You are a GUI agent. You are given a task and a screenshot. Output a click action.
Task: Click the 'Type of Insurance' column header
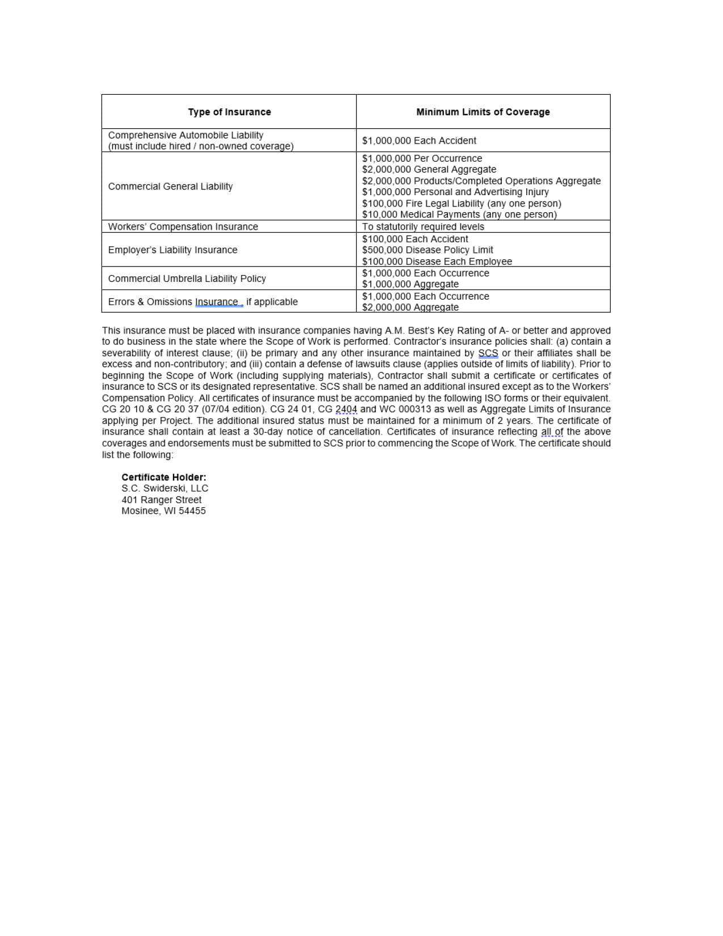click(x=229, y=112)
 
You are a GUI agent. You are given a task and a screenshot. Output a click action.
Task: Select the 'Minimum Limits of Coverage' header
click(x=483, y=112)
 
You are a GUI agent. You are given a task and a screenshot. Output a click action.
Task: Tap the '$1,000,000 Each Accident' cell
click(x=419, y=141)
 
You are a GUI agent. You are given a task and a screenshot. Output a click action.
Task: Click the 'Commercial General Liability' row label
click(x=170, y=186)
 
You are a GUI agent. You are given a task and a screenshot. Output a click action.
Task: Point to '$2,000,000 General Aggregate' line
click(x=429, y=169)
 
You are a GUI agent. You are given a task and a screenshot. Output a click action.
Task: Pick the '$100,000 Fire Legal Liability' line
click(x=462, y=203)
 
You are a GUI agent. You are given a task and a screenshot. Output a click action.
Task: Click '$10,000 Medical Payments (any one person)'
click(x=459, y=214)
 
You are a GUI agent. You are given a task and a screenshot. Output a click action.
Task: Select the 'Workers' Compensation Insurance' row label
click(x=183, y=226)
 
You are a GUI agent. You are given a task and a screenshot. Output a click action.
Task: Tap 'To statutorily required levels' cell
click(x=423, y=226)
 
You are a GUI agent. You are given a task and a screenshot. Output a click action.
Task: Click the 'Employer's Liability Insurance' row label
click(x=172, y=250)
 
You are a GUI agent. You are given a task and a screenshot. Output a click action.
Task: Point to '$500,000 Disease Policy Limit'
click(x=428, y=250)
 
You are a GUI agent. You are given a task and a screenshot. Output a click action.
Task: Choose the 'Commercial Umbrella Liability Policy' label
click(x=187, y=279)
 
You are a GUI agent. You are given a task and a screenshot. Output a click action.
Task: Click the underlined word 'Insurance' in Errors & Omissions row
click(x=217, y=302)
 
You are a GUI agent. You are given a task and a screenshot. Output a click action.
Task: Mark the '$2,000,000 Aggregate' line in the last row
click(x=410, y=307)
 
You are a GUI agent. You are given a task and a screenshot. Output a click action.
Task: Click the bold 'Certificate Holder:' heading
click(x=163, y=477)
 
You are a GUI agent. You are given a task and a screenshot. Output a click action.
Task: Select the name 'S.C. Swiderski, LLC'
click(x=164, y=488)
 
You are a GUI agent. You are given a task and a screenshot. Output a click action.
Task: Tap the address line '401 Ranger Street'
click(x=161, y=500)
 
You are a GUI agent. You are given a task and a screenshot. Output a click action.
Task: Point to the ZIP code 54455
click(x=192, y=511)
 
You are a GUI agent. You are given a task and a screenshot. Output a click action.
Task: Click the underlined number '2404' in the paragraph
click(x=346, y=409)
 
